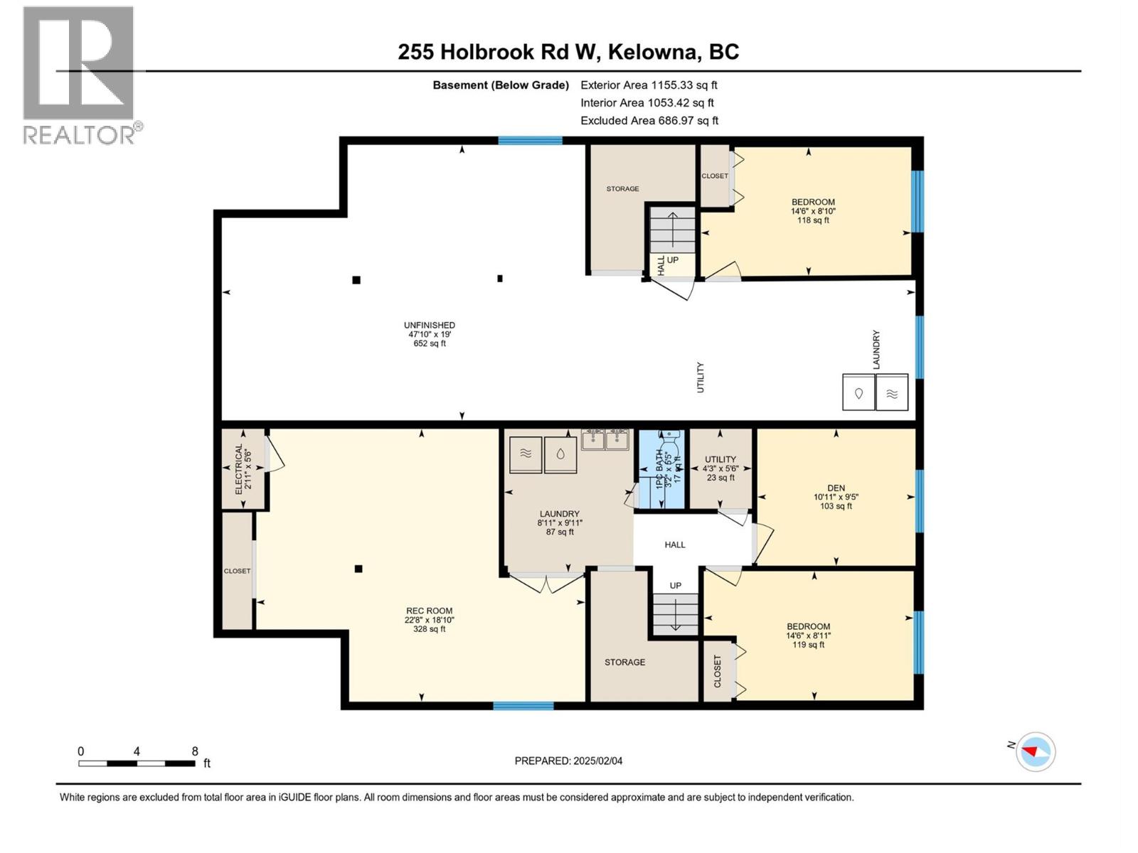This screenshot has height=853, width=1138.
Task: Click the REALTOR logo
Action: pyautogui.click(x=80, y=75)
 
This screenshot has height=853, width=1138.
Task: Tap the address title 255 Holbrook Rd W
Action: pyautogui.click(x=568, y=52)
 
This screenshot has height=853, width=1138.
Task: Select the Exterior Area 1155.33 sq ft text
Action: pyautogui.click(x=648, y=85)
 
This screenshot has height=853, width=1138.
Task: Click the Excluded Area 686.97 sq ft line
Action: pyautogui.click(x=649, y=121)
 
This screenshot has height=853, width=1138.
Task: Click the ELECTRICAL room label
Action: pyautogui.click(x=243, y=469)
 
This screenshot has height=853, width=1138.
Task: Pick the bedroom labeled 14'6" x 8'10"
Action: pyautogui.click(x=812, y=210)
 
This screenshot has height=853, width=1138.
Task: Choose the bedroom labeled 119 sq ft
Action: pyautogui.click(x=808, y=635)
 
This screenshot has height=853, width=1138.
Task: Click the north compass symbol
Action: pyautogui.click(x=1035, y=751)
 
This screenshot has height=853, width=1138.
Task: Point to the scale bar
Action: pyautogui.click(x=137, y=763)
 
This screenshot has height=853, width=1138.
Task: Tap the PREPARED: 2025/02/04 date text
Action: pyautogui.click(x=568, y=761)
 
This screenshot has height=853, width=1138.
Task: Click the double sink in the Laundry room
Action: pyautogui.click(x=605, y=440)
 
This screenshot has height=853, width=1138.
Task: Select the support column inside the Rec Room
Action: pyautogui.click(x=358, y=569)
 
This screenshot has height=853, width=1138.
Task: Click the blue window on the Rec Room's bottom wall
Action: pyautogui.click(x=523, y=706)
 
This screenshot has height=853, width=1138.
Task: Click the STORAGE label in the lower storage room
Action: pyautogui.click(x=624, y=662)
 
